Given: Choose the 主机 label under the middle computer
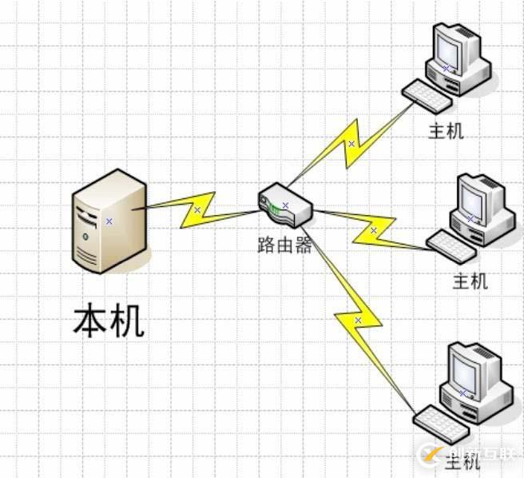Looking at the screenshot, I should [x=470, y=281].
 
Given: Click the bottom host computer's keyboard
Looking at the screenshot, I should [x=439, y=422].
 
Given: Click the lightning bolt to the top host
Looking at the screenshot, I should [x=351, y=144].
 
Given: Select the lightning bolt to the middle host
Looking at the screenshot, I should [x=373, y=230].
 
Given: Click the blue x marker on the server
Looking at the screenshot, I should [x=109, y=221].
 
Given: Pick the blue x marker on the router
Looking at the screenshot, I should [x=285, y=205].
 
